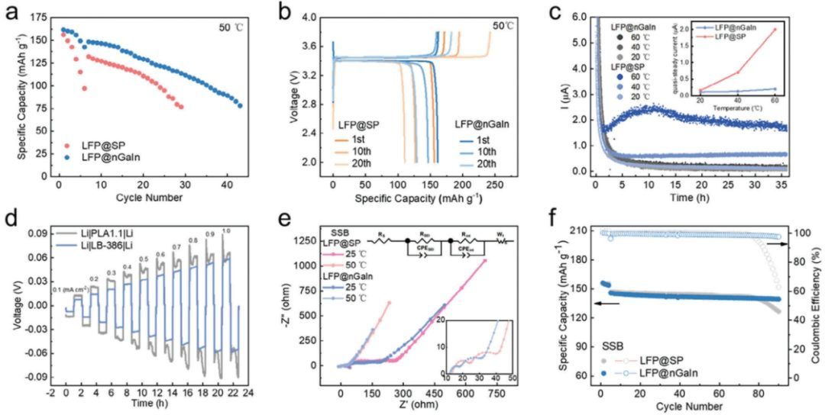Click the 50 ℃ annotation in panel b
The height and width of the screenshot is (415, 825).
[503, 26]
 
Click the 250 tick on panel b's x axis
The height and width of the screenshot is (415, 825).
[494, 185]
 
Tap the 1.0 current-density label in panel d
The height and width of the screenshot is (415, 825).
[225, 230]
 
